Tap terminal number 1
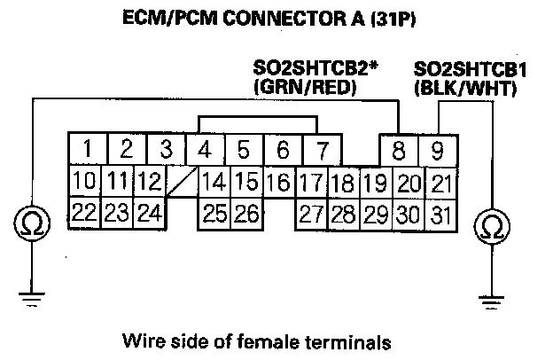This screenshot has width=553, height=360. (x=87, y=148)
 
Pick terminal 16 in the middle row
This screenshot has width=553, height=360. (x=277, y=183)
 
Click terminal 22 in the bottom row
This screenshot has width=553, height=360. (x=85, y=213)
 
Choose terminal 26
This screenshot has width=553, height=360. (x=245, y=213)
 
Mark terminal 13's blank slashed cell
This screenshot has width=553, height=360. (x=181, y=183)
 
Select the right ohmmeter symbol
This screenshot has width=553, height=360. (x=489, y=228)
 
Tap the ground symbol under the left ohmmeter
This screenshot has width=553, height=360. (x=34, y=298)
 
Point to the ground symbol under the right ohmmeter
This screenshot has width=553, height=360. (x=489, y=300)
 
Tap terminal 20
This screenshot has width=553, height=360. (x=409, y=184)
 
